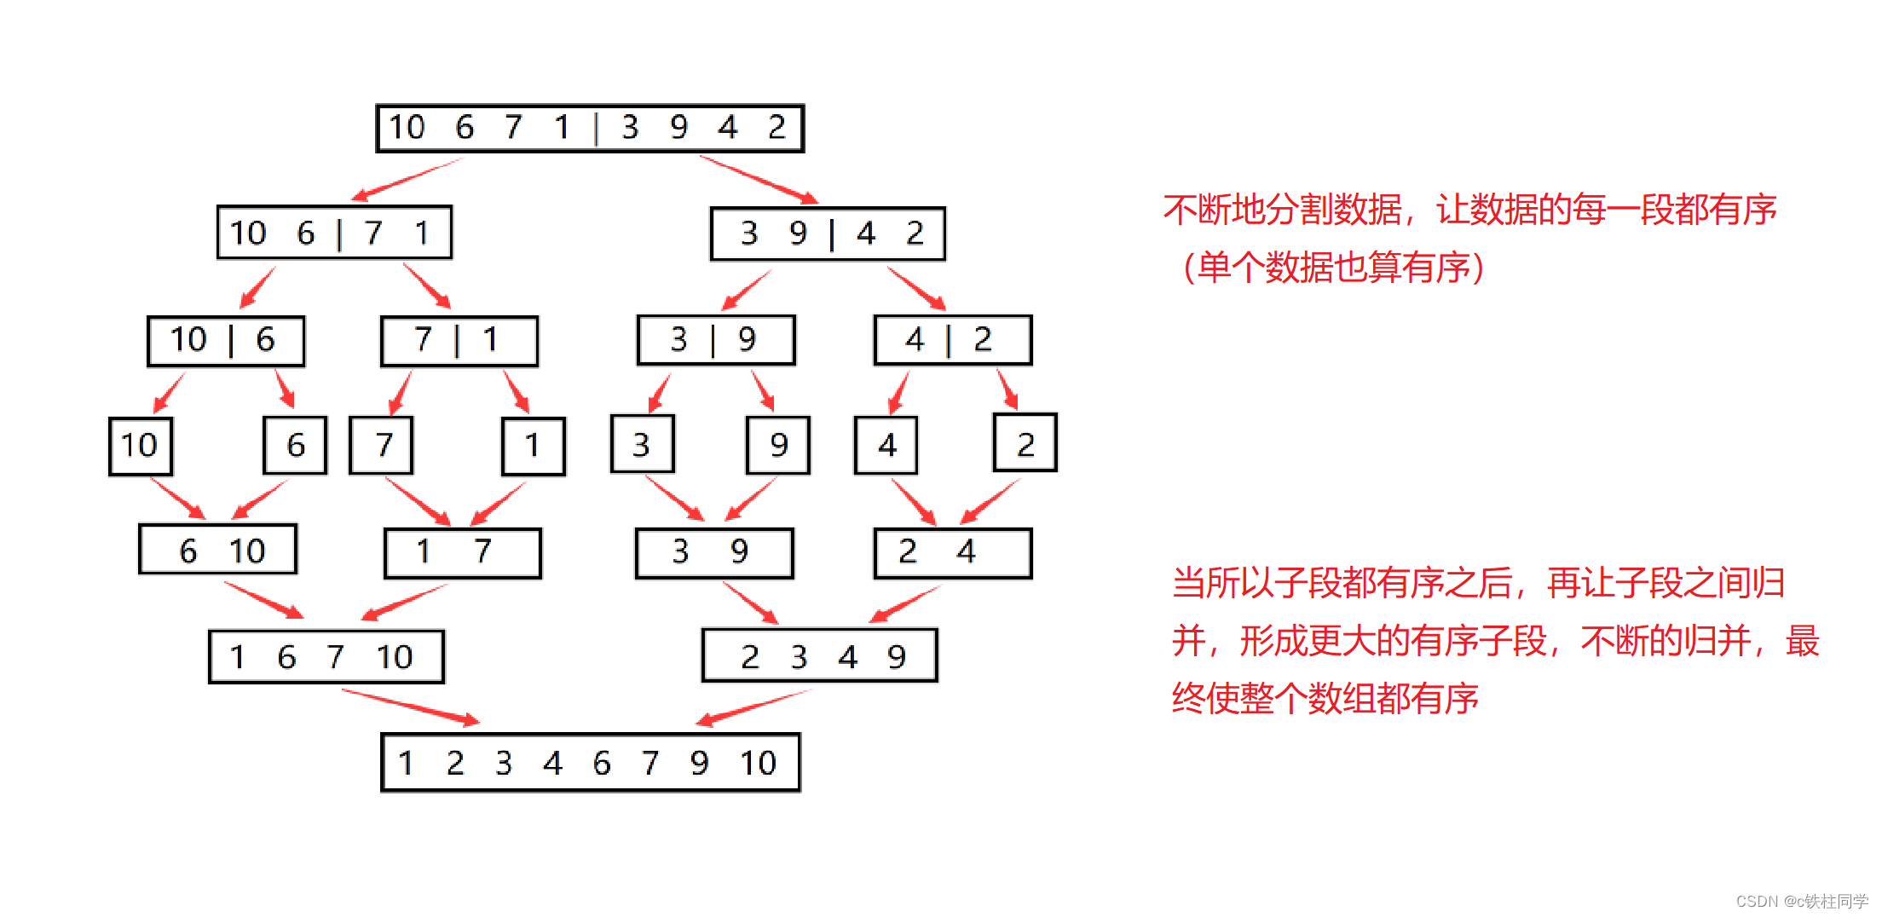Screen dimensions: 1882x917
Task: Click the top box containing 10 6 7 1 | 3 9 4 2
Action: (590, 128)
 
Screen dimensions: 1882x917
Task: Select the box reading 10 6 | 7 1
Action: (334, 232)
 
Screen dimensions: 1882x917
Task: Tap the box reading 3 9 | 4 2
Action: (828, 234)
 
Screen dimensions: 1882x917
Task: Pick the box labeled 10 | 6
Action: (226, 341)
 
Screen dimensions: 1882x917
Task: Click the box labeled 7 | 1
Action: (459, 341)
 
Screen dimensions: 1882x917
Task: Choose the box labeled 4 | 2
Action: (953, 340)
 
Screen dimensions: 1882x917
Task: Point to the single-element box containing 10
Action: (141, 446)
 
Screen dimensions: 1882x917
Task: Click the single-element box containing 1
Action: (534, 446)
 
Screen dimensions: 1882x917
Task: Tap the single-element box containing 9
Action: (778, 445)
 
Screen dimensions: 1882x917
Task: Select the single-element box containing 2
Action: (1025, 443)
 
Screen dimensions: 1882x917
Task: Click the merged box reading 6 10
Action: (218, 550)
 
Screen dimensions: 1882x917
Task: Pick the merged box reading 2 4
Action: (953, 553)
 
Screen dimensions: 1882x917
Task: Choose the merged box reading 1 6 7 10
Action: (326, 656)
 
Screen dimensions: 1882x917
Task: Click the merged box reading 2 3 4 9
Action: (819, 655)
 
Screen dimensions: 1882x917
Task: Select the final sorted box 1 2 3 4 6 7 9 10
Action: (590, 762)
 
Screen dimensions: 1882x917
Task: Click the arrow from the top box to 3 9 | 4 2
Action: (758, 179)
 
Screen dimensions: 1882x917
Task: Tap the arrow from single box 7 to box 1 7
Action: (418, 500)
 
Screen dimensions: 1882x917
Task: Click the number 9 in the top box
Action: (678, 128)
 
